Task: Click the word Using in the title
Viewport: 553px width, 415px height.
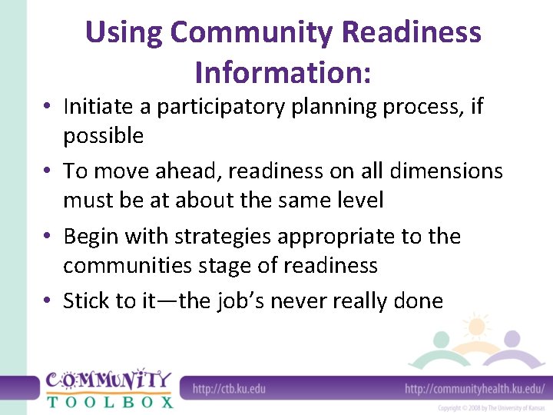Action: (x=124, y=32)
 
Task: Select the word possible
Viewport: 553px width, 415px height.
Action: (x=103, y=136)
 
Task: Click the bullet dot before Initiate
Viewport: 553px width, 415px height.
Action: (x=48, y=108)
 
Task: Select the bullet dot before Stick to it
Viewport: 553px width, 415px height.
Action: (x=48, y=301)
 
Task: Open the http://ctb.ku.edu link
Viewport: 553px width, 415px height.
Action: (x=229, y=388)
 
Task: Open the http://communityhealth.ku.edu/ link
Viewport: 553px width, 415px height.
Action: (x=475, y=388)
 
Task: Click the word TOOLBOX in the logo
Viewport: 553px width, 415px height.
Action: (x=109, y=401)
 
